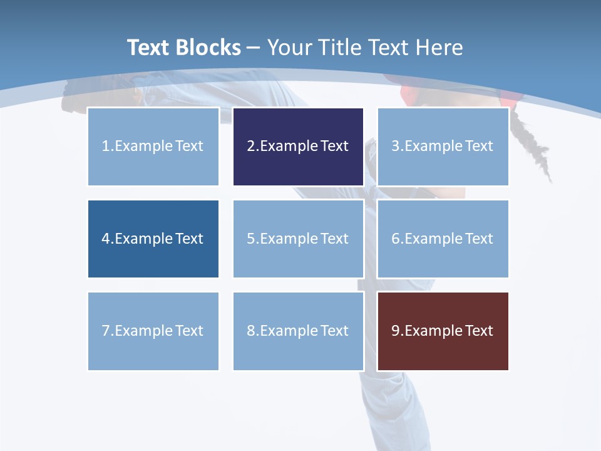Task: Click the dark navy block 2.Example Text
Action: (x=298, y=147)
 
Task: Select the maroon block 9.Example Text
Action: (x=443, y=331)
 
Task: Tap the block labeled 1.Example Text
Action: (x=153, y=147)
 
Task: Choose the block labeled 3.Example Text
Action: (x=443, y=147)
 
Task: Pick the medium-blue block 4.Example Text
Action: (x=153, y=239)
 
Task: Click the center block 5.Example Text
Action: (x=298, y=239)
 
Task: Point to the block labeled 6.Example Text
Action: (x=443, y=239)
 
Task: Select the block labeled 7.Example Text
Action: (x=153, y=331)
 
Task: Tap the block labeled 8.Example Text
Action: (x=298, y=331)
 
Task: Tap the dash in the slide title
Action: (x=254, y=48)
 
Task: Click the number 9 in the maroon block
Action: (x=396, y=331)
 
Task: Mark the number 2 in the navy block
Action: (x=250, y=147)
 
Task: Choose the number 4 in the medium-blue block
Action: (x=105, y=239)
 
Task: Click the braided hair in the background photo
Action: (x=533, y=144)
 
